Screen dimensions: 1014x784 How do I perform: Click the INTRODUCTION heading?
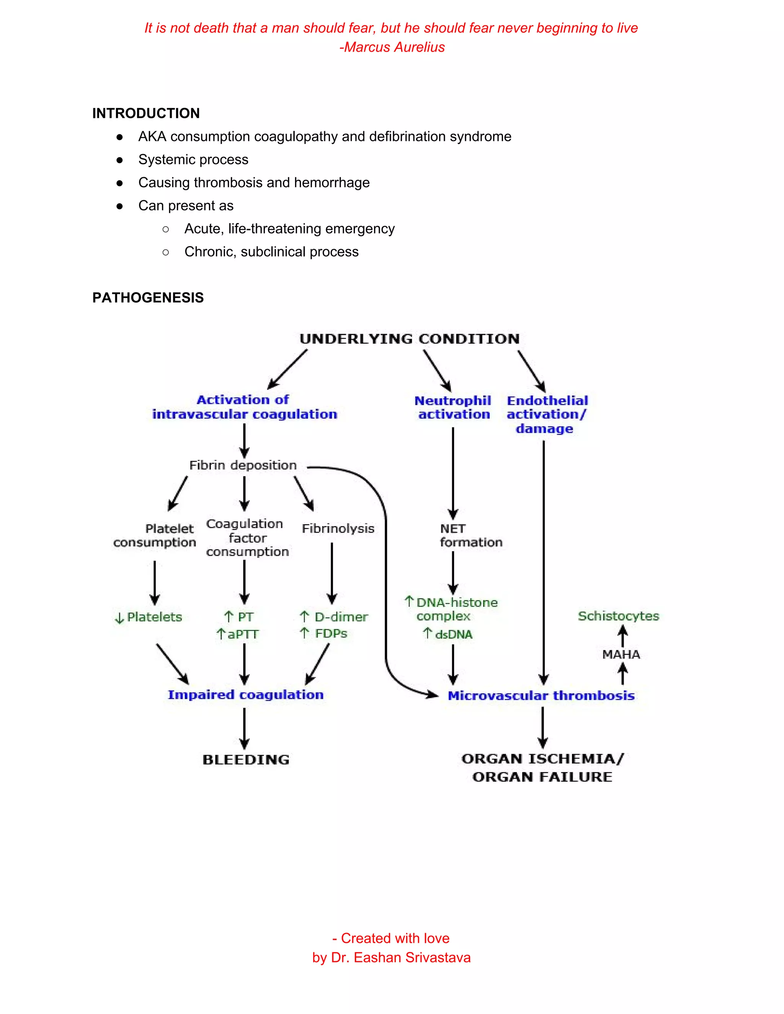[146, 113]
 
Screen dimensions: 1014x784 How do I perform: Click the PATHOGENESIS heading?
[148, 298]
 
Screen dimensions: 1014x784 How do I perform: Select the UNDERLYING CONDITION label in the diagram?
[409, 339]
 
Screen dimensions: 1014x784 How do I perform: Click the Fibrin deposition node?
[242, 465]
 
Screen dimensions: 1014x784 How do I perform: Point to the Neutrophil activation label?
[453, 407]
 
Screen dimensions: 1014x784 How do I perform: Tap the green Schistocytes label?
[618, 616]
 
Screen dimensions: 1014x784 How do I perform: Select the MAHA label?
[621, 655]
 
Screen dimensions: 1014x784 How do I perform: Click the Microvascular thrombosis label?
[541, 696]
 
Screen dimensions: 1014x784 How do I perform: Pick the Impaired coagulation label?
[245, 694]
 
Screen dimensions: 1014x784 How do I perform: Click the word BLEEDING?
[246, 760]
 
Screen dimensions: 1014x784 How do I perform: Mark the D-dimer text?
[341, 617]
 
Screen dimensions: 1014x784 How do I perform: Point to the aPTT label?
[242, 634]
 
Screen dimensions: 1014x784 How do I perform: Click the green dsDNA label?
[453, 634]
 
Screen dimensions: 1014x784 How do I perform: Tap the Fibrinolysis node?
[338, 528]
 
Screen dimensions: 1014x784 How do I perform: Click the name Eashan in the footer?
[375, 957]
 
